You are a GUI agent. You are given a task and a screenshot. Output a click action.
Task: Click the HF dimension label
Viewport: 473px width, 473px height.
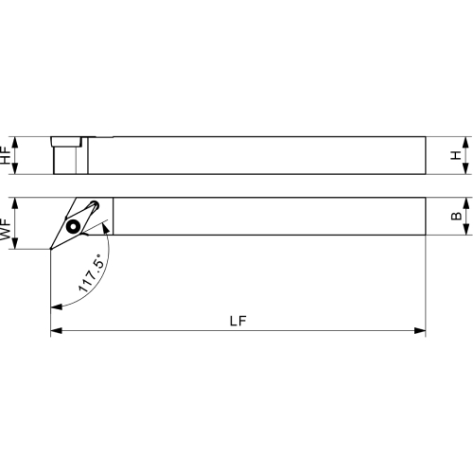(6, 155)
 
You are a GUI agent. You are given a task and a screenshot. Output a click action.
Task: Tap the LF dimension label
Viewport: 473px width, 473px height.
(238, 321)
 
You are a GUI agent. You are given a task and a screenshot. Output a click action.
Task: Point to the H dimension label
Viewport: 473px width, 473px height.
(456, 155)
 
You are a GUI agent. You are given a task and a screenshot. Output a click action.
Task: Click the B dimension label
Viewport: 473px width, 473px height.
(456, 216)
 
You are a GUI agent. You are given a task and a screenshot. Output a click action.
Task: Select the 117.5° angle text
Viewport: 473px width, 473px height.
(91, 273)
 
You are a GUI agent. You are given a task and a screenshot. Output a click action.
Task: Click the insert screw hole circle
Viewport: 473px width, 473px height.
(74, 226)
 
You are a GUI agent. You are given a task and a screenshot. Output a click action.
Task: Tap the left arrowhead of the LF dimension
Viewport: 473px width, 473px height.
(56, 330)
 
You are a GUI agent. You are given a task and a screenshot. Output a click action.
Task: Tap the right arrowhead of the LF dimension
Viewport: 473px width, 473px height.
(420, 330)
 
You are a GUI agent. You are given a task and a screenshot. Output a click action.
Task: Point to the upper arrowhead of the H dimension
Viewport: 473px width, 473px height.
(465, 143)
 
